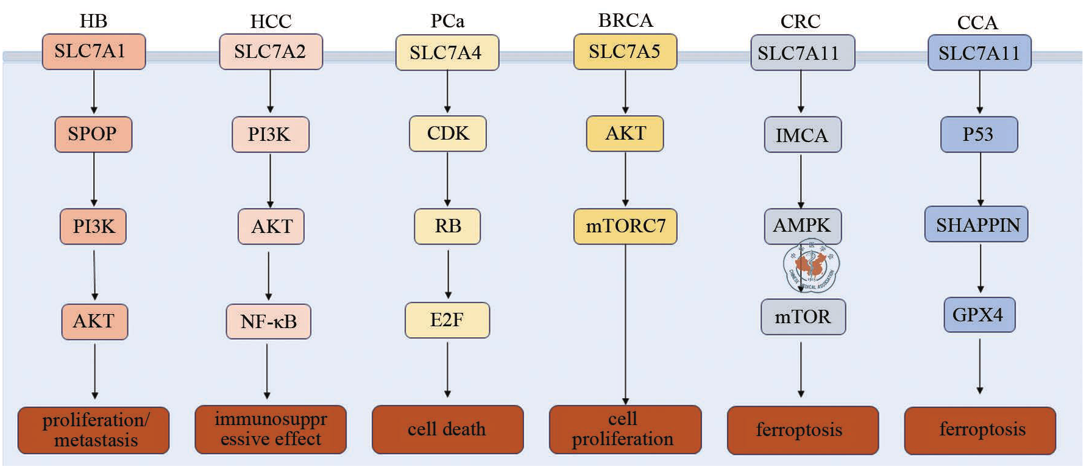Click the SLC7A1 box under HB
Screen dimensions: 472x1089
(93, 52)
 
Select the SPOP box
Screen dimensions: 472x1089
(93, 134)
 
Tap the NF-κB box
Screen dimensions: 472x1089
(269, 321)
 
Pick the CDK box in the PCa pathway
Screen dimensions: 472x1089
(448, 134)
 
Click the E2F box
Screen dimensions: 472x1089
(447, 320)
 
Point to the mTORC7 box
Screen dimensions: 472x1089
(625, 226)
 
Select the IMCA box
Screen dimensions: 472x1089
(803, 135)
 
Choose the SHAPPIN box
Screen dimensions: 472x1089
(977, 225)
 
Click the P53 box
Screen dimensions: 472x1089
(979, 134)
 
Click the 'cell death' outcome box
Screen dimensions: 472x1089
(447, 430)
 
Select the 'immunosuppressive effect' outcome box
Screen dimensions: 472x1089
(271, 430)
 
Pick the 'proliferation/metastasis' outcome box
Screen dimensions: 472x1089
(93, 431)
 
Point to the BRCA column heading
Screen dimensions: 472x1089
(625, 21)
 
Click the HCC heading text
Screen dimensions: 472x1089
(271, 22)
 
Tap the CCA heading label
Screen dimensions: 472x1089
(977, 23)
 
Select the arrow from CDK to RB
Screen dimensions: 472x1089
(448, 179)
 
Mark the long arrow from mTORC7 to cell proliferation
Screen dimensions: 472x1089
(626, 323)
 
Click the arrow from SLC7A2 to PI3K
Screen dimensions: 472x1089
(270, 91)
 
